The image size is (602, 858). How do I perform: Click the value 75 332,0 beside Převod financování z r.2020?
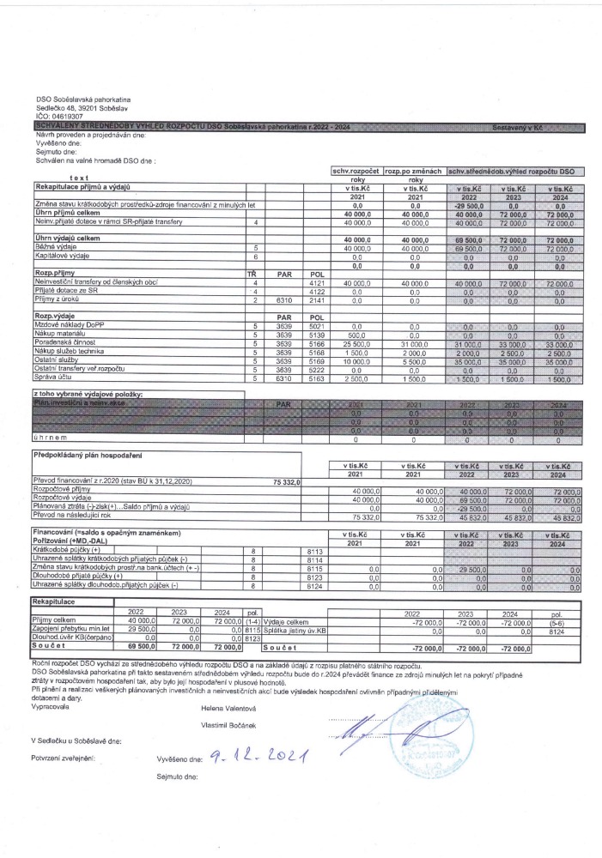point(307,483)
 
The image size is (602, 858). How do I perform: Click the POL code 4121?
point(314,281)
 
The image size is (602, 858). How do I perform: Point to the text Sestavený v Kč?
point(518,128)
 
